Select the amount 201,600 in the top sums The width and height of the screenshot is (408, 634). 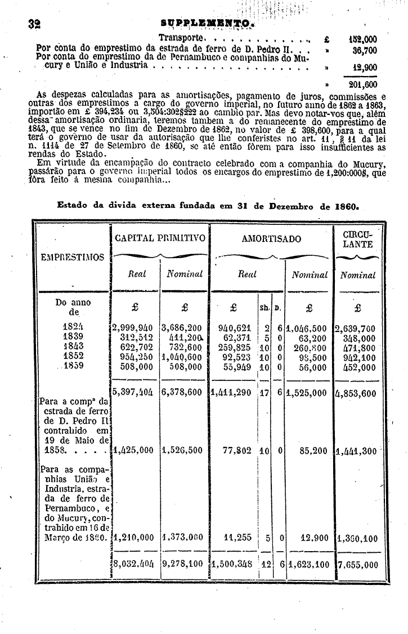click(x=363, y=85)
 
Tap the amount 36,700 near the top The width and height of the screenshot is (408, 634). click(x=364, y=50)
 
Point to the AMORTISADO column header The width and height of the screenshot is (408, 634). click(x=271, y=239)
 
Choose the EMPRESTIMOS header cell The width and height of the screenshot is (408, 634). click(x=72, y=258)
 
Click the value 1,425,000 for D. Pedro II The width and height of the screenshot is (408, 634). click(x=134, y=451)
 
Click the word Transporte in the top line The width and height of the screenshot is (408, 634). click(x=180, y=38)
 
